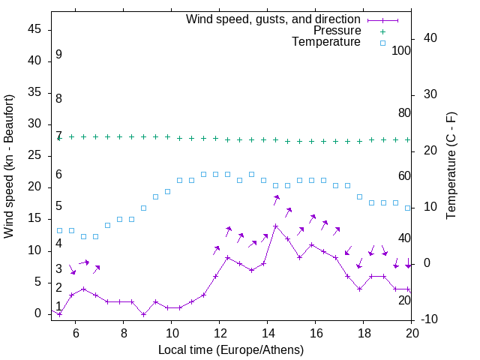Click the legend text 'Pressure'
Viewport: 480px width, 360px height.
(x=337, y=31)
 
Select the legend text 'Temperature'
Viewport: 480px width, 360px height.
(x=326, y=42)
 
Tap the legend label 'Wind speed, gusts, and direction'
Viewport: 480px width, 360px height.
(x=274, y=19)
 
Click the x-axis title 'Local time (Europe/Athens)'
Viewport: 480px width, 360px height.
(x=231, y=349)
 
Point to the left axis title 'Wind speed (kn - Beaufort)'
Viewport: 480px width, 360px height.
(x=9, y=166)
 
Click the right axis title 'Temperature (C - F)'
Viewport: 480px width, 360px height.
(x=451, y=166)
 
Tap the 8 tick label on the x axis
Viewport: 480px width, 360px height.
(x=123, y=332)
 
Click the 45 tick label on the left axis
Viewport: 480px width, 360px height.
(x=34, y=29)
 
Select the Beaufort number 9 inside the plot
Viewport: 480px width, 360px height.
(x=58, y=55)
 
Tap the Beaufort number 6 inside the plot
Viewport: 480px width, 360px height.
(x=58, y=175)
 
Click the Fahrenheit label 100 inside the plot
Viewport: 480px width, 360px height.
(x=402, y=51)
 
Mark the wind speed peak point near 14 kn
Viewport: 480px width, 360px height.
(x=275, y=226)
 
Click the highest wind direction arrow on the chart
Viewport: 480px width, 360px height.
(x=276, y=199)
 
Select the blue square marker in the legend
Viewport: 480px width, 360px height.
(x=382, y=43)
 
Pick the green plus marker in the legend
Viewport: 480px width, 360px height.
(x=382, y=31)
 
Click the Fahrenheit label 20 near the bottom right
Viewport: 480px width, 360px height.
(x=404, y=301)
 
